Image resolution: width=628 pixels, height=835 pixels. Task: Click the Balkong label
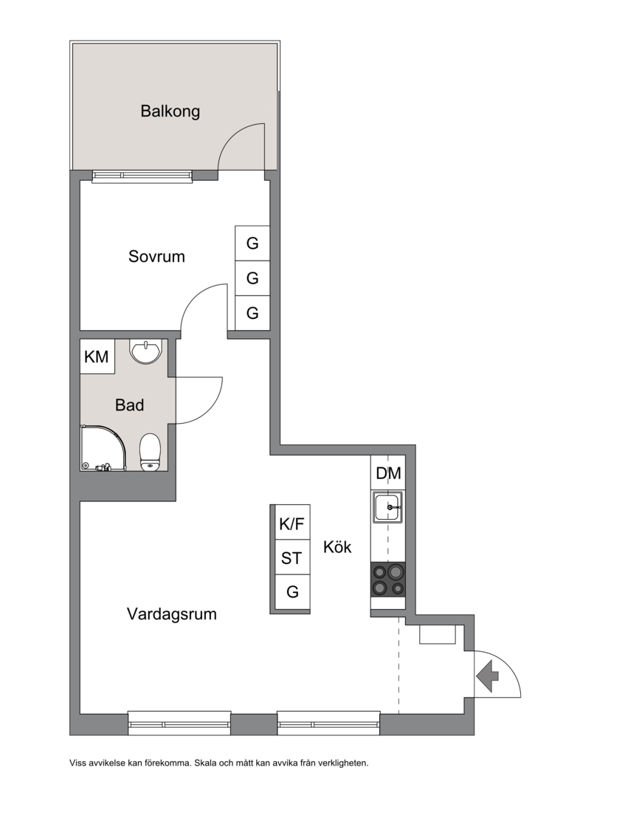point(170,111)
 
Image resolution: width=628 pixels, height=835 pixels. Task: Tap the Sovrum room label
point(156,256)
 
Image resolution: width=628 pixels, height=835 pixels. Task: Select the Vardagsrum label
point(172,614)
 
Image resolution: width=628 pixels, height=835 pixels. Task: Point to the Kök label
point(337,547)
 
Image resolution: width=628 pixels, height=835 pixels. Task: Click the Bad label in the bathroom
point(129,405)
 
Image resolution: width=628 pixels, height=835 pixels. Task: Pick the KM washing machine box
point(97,357)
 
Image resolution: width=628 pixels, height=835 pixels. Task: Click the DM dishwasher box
point(388,473)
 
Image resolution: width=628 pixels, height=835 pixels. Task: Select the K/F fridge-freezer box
point(291,523)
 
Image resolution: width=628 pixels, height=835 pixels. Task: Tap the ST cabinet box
point(291,557)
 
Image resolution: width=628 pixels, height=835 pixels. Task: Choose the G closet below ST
point(291,592)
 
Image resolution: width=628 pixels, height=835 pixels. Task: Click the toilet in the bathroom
point(150,452)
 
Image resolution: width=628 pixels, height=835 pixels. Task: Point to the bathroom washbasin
point(145,351)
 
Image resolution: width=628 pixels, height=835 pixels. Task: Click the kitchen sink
point(387,507)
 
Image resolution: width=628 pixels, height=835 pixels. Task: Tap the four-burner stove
point(387,580)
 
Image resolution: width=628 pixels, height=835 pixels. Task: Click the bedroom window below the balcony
point(142,176)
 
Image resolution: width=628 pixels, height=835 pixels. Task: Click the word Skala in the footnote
point(206,763)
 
